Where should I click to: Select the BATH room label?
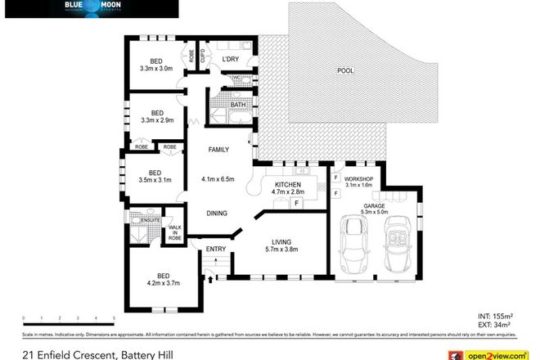pos(238,105)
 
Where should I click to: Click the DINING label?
pos(216,213)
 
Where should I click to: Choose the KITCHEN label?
pos(288,186)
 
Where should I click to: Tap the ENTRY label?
pos(215,249)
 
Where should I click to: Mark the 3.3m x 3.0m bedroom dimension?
pos(156,68)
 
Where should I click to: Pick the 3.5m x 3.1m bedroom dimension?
pos(155,179)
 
